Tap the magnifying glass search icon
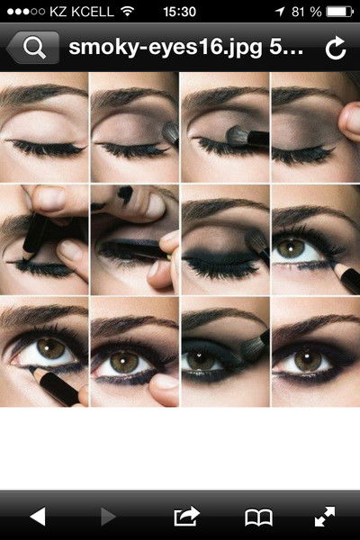pyautogui.click(x=34, y=48)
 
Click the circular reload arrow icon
pyautogui.click(x=336, y=48)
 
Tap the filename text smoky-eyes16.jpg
pyautogui.click(x=166, y=48)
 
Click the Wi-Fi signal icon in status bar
pyautogui.click(x=128, y=12)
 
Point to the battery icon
pyautogui.click(x=339, y=12)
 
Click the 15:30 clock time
pyautogui.click(x=179, y=12)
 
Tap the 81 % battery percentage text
pyautogui.click(x=306, y=12)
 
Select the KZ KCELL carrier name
pyautogui.click(x=81, y=12)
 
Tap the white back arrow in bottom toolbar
pyautogui.click(x=38, y=517)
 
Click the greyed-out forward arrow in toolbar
pyautogui.click(x=109, y=517)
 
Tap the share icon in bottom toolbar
pyautogui.click(x=186, y=517)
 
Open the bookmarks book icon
pyautogui.click(x=258, y=517)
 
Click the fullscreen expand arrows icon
pyautogui.click(x=325, y=517)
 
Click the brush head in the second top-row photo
pyautogui.click(x=170, y=132)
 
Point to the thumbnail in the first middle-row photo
pyautogui.click(x=51, y=198)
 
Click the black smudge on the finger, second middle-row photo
pyautogui.click(x=125, y=194)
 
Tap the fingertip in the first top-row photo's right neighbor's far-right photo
pyautogui.click(x=350, y=121)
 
